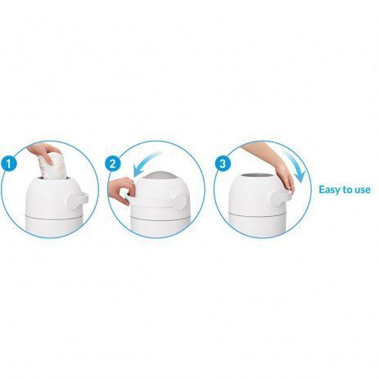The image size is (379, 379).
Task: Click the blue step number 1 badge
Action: [x=9, y=164]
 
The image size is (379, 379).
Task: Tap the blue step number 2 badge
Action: [x=113, y=164]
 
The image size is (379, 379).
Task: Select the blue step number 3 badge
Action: [x=223, y=164]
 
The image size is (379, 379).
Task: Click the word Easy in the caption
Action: [x=329, y=190]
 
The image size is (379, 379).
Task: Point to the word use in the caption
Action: [x=363, y=190]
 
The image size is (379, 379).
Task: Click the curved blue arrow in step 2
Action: [x=145, y=164]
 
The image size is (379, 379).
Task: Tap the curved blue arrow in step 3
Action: [x=294, y=165]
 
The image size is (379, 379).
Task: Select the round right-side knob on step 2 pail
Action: [x=178, y=200]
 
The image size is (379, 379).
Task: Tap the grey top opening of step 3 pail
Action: [x=258, y=175]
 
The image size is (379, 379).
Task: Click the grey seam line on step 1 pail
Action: [x=54, y=217]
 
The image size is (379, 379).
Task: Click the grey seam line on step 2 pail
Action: [x=160, y=219]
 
